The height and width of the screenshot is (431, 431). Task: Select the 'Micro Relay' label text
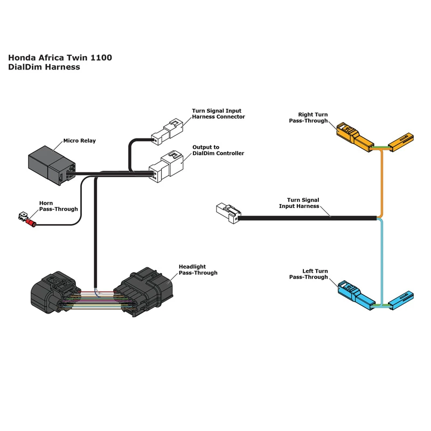pos(79,141)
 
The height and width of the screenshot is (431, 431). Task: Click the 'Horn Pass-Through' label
pos(58,206)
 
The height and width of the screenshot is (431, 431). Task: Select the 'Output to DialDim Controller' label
pos(218,150)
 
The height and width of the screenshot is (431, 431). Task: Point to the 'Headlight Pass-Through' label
pos(198,270)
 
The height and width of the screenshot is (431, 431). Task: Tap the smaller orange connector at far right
pos(401,141)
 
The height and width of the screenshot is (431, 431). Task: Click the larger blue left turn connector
pos(356,294)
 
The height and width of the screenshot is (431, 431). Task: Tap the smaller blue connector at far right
pos(401,298)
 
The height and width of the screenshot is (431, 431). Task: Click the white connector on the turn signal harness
pos(227,213)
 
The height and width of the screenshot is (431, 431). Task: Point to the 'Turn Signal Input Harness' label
pos(299,203)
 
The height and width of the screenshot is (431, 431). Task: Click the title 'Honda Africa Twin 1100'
pos(60,58)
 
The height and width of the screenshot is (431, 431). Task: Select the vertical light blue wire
pos(382,259)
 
